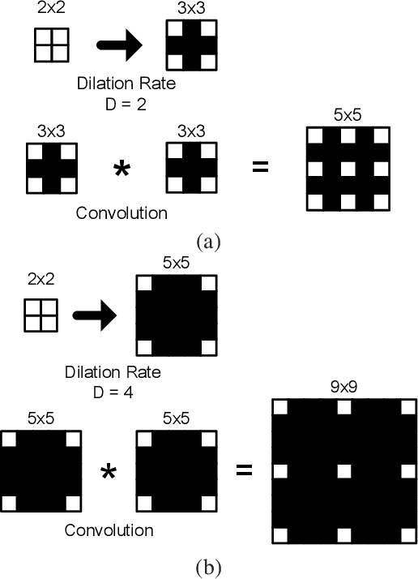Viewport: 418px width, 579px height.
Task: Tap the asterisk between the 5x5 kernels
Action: coord(108,472)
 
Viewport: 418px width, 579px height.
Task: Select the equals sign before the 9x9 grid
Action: coord(244,469)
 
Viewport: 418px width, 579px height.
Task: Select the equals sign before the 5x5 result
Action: coord(261,168)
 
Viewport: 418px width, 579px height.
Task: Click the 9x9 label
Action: coord(344,387)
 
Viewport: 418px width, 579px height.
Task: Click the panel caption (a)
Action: coord(208,241)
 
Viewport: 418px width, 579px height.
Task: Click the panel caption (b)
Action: coord(208,566)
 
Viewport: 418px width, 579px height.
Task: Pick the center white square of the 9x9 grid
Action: coord(344,470)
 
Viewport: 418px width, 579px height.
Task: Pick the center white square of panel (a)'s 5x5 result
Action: coord(348,169)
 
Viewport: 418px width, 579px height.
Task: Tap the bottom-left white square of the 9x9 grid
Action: coord(280,534)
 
